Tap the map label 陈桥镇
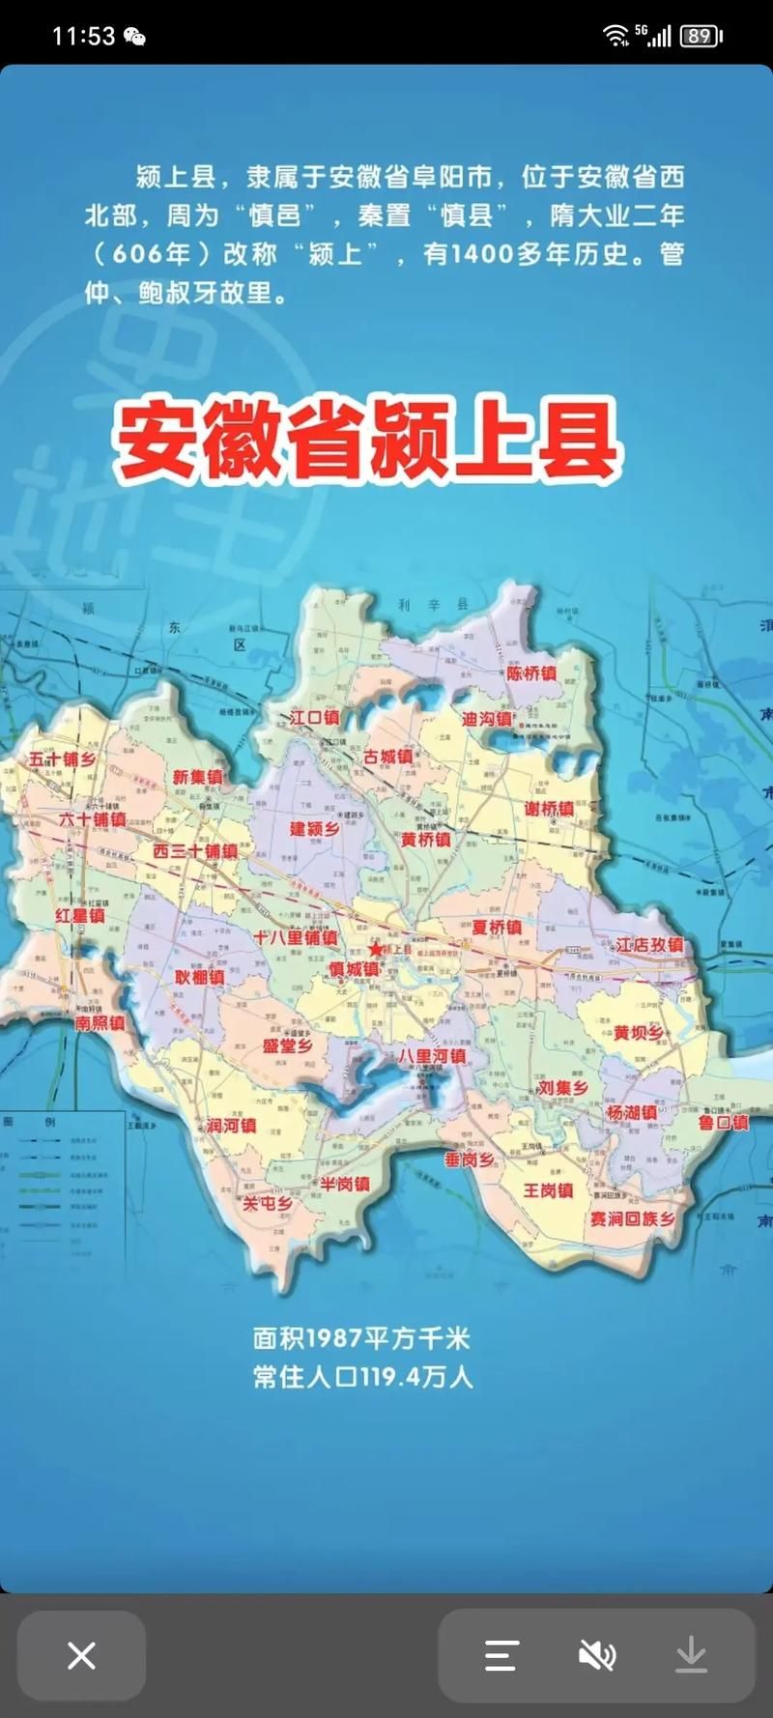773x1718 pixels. pyautogui.click(x=531, y=673)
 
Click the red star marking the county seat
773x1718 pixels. pyautogui.click(x=375, y=949)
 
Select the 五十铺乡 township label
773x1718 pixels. pyautogui.click(x=62, y=759)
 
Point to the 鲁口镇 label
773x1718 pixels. pyautogui.click(x=724, y=1122)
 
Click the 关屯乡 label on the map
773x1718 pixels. pyautogui.click(x=267, y=1203)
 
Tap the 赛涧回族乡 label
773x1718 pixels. pyautogui.click(x=633, y=1218)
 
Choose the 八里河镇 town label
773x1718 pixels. pyautogui.click(x=432, y=1056)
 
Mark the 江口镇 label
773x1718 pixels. pyautogui.click(x=314, y=717)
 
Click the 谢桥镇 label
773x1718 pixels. pyautogui.click(x=549, y=809)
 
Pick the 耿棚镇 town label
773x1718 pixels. pyautogui.click(x=199, y=977)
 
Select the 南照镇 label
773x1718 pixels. pyautogui.click(x=100, y=1022)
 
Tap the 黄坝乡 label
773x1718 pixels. pyautogui.click(x=638, y=1033)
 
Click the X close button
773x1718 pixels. pyautogui.click(x=82, y=1655)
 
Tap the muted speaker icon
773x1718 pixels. pyautogui.click(x=596, y=1655)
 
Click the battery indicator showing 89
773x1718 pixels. pyautogui.click(x=701, y=37)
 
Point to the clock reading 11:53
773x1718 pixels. pyautogui.click(x=83, y=37)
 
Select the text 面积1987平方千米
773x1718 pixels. pyautogui.click(x=361, y=1338)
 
